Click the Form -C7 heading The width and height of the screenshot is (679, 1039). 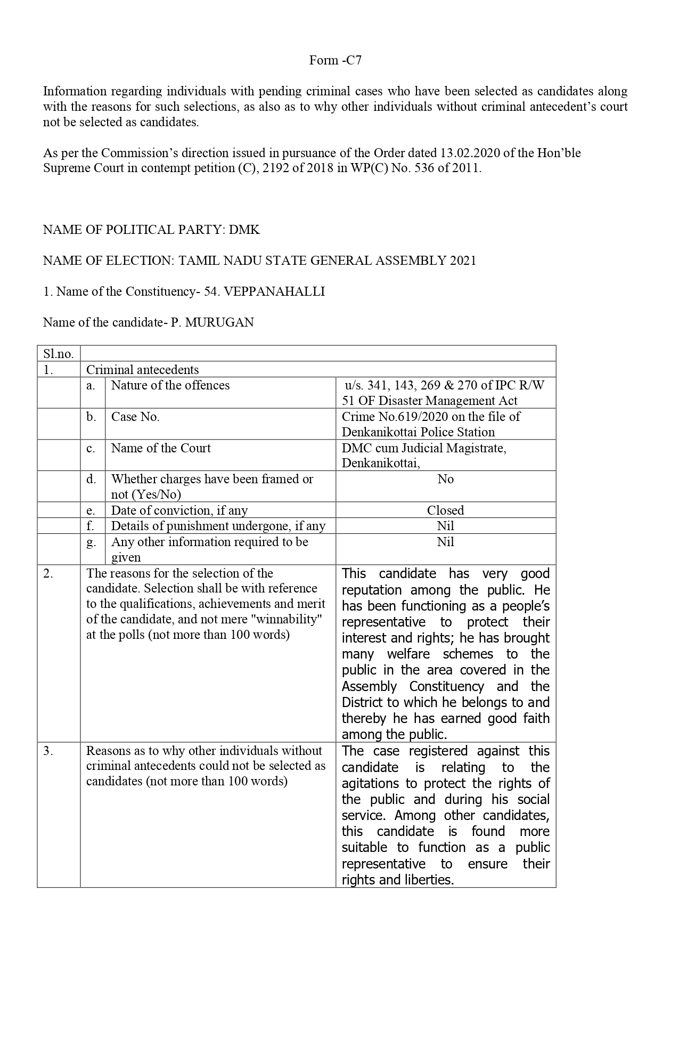(335, 60)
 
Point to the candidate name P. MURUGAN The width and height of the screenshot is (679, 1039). (212, 322)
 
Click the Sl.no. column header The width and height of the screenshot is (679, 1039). (58, 354)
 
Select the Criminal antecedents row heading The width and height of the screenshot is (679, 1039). (142, 370)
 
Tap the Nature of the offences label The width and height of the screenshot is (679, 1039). (170, 385)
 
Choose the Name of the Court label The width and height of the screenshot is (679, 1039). (161, 448)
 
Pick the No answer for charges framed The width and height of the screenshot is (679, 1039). (445, 479)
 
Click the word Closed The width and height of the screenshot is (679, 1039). (445, 510)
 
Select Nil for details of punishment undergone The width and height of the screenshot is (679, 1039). (445, 526)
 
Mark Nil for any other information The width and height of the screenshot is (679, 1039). (445, 542)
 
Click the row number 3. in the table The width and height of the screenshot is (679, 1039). (48, 751)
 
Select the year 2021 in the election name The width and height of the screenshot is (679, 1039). (463, 261)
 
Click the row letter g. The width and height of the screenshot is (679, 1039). (91, 542)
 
